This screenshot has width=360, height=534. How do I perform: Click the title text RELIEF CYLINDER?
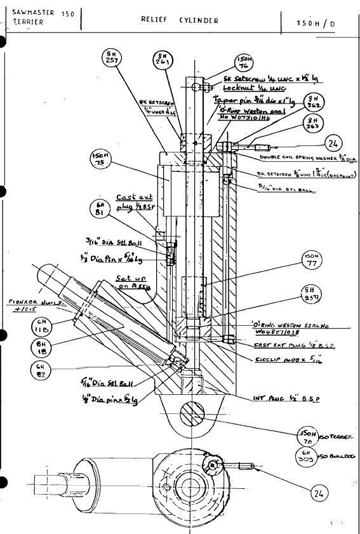180,20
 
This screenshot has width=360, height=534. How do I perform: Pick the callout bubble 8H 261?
162,60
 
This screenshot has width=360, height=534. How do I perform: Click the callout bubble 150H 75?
100,159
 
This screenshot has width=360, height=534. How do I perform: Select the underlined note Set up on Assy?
131,281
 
